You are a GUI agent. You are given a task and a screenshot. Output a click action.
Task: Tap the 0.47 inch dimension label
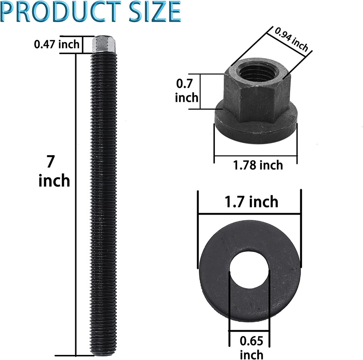56,45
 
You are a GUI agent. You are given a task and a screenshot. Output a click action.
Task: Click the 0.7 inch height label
187,91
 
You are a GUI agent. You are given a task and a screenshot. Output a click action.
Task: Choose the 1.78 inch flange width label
258,165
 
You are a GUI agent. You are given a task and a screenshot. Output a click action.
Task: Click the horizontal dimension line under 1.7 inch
250,214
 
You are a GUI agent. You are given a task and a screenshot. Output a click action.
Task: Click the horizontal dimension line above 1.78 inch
256,156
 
